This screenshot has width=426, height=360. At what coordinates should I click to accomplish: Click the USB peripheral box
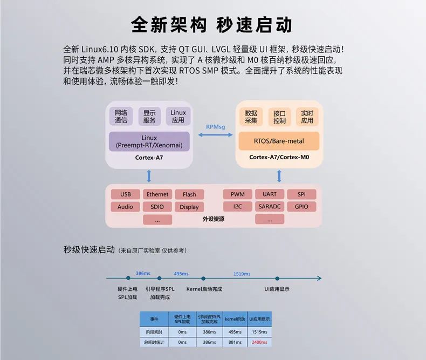tap(126, 194)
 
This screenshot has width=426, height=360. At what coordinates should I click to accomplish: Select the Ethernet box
tap(157, 194)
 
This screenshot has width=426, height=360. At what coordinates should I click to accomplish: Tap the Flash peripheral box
tap(189, 194)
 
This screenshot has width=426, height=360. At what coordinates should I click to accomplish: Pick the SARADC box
tap(270, 207)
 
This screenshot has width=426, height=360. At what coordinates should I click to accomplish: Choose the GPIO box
tap(301, 207)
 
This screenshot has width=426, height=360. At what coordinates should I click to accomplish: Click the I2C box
tap(237, 207)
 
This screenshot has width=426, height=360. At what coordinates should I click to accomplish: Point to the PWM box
tap(237, 194)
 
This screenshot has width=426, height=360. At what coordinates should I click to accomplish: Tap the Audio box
tap(126, 207)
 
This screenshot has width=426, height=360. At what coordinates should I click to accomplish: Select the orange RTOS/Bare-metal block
tap(279, 141)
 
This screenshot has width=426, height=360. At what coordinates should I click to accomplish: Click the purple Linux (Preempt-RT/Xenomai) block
tap(149, 142)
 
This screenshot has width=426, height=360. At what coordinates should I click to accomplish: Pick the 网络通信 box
tap(121, 116)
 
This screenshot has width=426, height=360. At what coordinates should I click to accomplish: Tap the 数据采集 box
tap(251, 117)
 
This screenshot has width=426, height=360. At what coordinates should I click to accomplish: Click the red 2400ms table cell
tap(259, 342)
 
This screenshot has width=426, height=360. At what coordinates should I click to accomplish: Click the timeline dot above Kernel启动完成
tap(203, 279)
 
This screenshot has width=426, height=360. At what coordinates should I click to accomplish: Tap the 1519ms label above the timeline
tap(242, 274)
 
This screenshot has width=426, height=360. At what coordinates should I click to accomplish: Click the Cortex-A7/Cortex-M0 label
tap(279, 157)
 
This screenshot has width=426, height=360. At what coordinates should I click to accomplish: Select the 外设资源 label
tap(214, 219)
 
